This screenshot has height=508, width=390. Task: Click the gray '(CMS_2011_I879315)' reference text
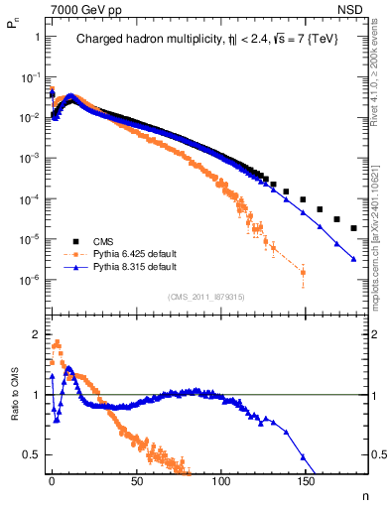pyautogui.click(x=205, y=297)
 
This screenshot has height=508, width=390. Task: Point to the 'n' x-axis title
pyautogui.click(x=363, y=493)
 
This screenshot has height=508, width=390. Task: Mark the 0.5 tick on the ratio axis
pyautogui.click(x=37, y=454)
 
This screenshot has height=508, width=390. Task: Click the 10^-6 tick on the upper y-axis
pyautogui.click(x=33, y=280)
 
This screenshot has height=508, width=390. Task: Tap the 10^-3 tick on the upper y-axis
pyautogui.click(x=33, y=158)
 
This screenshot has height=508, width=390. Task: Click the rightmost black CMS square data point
pyautogui.click(x=354, y=228)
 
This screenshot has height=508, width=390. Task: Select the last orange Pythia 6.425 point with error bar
pyautogui.click(x=303, y=272)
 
